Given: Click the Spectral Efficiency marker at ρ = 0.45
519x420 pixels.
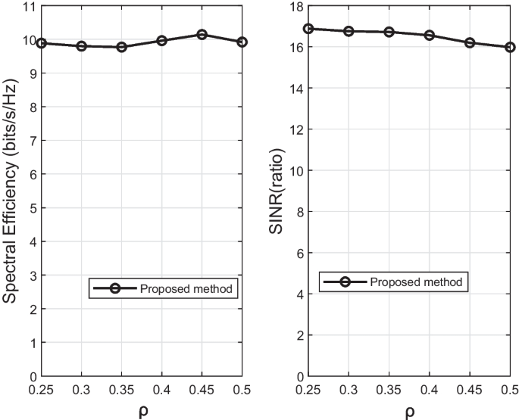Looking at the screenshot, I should pos(202,34).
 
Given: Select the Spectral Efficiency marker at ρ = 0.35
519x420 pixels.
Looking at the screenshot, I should pos(122,47).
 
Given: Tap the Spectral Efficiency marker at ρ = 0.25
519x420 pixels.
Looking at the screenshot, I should pos(42,43).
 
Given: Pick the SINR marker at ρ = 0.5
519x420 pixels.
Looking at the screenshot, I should pos(510,47).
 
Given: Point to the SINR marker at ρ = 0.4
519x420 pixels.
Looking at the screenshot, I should pos(430,35).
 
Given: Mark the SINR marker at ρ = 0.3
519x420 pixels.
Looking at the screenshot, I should pos(349,31).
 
